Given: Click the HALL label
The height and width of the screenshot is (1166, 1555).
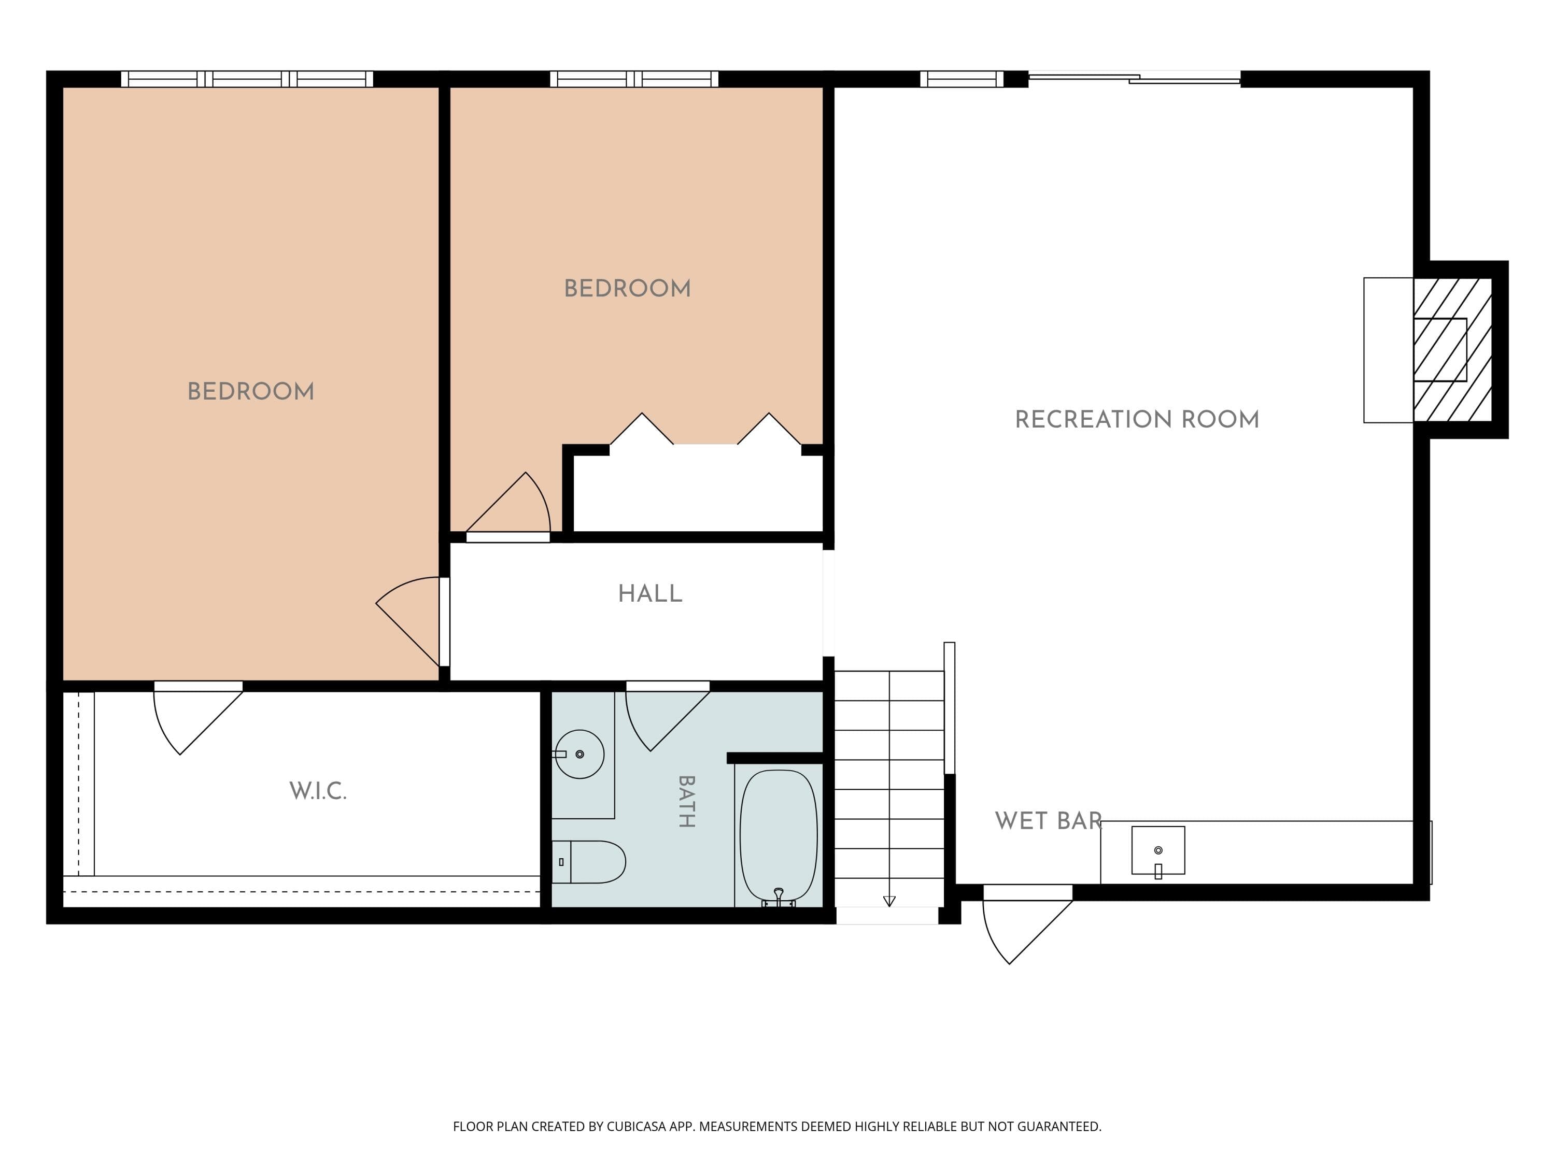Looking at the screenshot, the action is click(x=651, y=594).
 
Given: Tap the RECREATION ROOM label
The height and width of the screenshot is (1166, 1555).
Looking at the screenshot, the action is click(x=1137, y=420).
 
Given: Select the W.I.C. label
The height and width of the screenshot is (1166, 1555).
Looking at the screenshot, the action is click(x=318, y=791).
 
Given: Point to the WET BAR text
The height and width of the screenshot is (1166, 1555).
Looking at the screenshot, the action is click(x=1048, y=821).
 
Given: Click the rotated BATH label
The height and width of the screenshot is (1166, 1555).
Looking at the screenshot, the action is click(x=686, y=801).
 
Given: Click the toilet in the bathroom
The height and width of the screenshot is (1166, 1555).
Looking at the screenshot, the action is click(x=588, y=862).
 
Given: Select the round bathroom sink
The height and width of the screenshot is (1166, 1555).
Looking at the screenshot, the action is click(x=579, y=754).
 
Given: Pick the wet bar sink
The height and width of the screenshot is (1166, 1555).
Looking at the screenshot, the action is click(x=1158, y=851).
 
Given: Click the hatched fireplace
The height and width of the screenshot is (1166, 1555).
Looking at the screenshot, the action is click(x=1452, y=350).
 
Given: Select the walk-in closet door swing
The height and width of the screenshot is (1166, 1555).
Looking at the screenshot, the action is click(x=197, y=718).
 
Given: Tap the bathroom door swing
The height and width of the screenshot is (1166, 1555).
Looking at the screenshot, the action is click(x=667, y=717).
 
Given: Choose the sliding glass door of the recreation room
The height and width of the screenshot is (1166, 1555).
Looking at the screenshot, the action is click(x=1134, y=78).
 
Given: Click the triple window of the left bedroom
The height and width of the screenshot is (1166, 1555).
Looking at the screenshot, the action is click(x=247, y=79).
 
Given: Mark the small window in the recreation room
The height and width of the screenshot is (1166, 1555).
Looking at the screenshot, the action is click(x=962, y=79).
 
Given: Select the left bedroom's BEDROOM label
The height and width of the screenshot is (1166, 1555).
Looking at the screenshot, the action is click(x=251, y=391).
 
